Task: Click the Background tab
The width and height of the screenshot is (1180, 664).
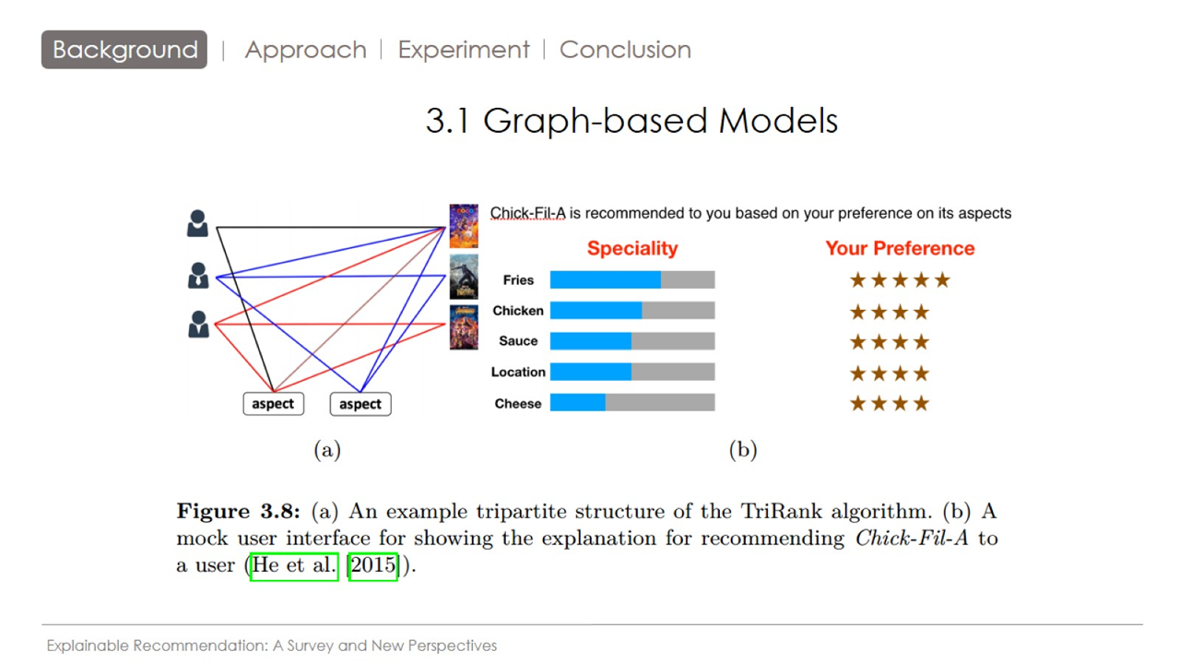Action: click(124, 50)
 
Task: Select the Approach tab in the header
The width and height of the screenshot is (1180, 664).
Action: click(305, 50)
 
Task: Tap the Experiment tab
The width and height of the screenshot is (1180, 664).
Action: click(464, 50)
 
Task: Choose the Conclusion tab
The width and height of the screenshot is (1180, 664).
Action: click(625, 50)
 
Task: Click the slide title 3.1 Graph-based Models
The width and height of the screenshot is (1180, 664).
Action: click(631, 121)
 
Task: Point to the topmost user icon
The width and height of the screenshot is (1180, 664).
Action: click(197, 223)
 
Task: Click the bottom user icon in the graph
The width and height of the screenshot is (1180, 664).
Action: click(198, 324)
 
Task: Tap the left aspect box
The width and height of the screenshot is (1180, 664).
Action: click(273, 404)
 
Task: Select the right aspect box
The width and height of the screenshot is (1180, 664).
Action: click(360, 404)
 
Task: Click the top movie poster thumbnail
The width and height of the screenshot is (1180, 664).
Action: click(464, 226)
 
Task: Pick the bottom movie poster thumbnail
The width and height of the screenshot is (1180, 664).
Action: click(464, 326)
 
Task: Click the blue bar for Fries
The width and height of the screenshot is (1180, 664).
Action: click(605, 279)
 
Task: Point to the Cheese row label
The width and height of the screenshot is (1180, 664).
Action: click(517, 403)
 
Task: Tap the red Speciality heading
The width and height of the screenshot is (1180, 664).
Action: click(632, 248)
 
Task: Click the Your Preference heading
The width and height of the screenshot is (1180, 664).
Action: click(899, 248)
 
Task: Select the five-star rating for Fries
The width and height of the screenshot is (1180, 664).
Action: click(899, 280)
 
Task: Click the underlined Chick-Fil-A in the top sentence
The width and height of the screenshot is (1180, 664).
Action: click(527, 213)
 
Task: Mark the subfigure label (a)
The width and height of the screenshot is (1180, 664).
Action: click(327, 449)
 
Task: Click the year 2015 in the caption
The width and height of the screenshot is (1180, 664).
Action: click(372, 565)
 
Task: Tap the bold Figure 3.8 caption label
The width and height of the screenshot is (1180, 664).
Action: click(238, 512)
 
